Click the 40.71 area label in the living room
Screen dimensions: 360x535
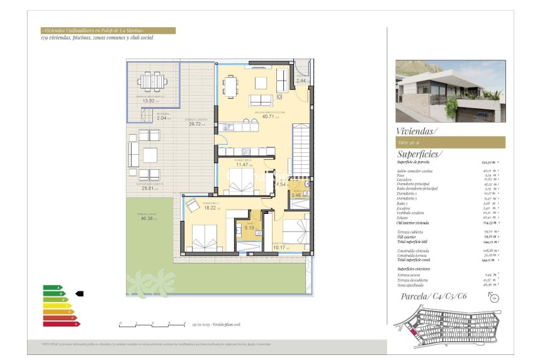(x=269, y=116)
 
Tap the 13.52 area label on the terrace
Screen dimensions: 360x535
(x=150, y=101)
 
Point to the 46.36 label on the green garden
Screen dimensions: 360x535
(x=148, y=218)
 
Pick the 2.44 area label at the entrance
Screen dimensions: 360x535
(x=301, y=81)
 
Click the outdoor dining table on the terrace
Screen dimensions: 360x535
(x=150, y=81)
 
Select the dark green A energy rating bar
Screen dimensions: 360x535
(x=53, y=288)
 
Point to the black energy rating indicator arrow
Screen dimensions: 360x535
(x=79, y=293)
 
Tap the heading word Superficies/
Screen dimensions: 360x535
(x=420, y=154)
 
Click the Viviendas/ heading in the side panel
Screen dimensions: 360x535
(x=417, y=131)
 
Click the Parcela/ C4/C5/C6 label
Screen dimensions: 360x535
(x=436, y=296)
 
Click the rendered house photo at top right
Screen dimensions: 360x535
(x=450, y=91)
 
